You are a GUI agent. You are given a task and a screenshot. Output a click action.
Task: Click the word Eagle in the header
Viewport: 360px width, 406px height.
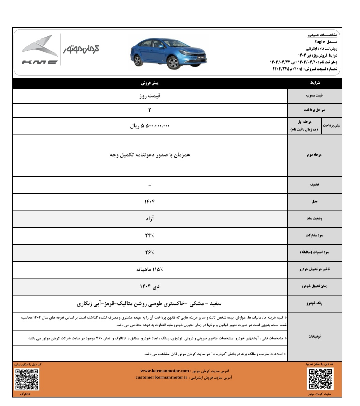tap(319, 42)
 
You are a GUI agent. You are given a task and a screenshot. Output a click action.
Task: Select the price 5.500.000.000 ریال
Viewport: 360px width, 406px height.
tap(150, 126)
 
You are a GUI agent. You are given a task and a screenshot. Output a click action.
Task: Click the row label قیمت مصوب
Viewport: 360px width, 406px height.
tap(314, 96)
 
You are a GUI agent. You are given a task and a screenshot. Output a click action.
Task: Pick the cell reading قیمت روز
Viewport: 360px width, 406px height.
tap(150, 96)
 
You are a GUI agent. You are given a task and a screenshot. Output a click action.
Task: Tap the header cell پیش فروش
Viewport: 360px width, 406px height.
tap(150, 83)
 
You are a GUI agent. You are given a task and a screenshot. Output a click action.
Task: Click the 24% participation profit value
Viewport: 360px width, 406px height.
tap(150, 235)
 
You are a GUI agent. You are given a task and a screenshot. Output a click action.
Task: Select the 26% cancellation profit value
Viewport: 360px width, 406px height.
tap(150, 252)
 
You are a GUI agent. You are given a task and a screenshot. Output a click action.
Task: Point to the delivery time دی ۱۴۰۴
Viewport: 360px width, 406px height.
tap(150, 286)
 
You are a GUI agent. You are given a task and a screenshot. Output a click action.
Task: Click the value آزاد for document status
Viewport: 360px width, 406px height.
tap(150, 218)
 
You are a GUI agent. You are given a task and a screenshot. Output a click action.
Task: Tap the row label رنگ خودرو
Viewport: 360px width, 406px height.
tap(314, 303)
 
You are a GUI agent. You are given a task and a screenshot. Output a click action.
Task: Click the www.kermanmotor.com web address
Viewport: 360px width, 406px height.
tap(165, 371)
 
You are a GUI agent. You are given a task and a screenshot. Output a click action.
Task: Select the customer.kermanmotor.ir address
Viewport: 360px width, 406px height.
tap(162, 377)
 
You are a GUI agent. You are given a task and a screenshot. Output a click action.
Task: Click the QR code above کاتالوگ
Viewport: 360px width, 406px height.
tap(27, 379)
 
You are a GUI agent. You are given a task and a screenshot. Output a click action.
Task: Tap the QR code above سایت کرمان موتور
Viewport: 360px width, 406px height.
tap(321, 379)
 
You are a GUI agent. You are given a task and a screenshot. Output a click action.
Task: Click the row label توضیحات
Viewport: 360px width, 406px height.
tap(314, 336)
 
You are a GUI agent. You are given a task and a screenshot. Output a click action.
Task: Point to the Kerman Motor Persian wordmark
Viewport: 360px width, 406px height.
tap(81, 50)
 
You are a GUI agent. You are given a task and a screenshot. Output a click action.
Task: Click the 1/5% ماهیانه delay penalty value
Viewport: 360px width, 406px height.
tap(150, 269)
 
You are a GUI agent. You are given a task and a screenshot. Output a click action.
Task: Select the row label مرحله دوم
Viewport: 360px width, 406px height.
tap(314, 155)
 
